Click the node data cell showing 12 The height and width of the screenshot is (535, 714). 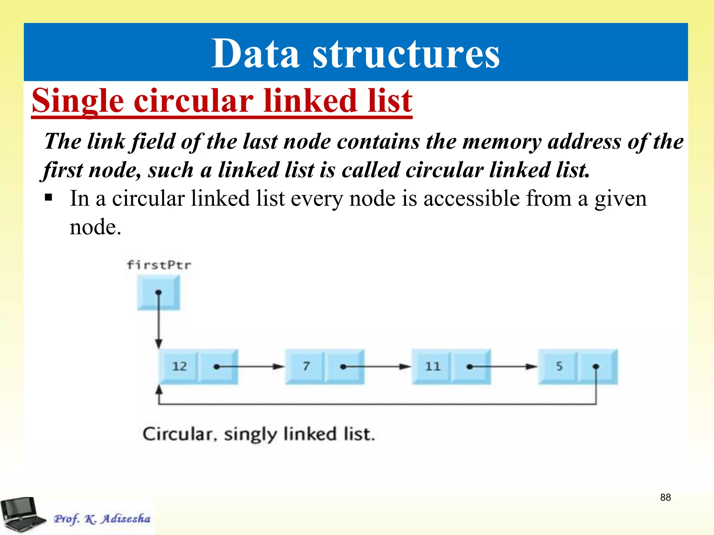point(179,366)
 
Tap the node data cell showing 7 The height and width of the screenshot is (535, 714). point(306,366)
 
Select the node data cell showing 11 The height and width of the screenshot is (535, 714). point(432,366)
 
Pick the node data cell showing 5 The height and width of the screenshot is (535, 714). point(559,366)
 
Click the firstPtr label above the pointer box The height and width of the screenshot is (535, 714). point(159,265)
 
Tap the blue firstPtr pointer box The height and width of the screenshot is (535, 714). point(159,292)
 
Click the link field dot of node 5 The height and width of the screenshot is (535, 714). point(596,366)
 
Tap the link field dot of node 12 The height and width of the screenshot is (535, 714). point(217,367)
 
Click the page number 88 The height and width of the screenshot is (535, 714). point(665,497)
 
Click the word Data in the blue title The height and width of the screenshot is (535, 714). point(256,54)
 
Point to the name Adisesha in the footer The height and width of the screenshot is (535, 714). point(126,519)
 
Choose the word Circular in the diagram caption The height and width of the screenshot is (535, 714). point(178,434)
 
